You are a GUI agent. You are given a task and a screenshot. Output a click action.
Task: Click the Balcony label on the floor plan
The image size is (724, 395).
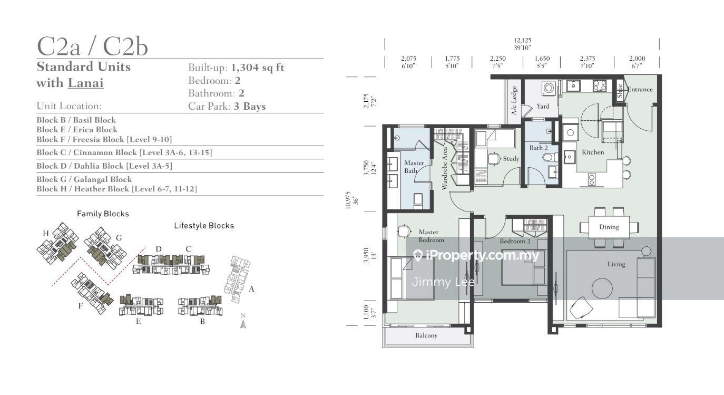point(426,335)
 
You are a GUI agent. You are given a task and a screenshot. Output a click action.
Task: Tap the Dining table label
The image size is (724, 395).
point(609,227)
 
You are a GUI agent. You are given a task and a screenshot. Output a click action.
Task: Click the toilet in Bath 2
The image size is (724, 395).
point(549,158)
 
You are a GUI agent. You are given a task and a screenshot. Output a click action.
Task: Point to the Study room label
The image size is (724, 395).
point(511,159)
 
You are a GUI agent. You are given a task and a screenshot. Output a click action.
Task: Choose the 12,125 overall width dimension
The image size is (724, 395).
point(523,41)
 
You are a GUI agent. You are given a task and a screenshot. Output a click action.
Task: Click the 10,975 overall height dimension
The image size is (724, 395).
point(348,200)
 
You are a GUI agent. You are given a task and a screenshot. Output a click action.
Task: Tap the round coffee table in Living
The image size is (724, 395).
point(602,288)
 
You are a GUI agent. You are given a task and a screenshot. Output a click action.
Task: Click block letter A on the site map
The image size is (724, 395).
point(251,289)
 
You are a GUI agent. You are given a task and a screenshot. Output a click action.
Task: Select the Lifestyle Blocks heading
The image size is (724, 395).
point(204,226)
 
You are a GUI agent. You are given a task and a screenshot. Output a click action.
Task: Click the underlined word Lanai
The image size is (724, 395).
point(86,83)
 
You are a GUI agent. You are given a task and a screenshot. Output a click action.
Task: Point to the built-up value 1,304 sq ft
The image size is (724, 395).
point(258,68)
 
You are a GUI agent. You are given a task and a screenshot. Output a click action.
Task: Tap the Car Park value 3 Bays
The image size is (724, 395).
point(250,106)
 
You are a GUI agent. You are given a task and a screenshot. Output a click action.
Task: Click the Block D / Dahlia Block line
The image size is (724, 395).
point(104,166)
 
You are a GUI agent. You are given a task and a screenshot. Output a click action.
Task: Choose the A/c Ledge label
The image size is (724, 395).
point(514,101)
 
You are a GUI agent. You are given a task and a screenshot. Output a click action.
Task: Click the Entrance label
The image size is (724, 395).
point(640,89)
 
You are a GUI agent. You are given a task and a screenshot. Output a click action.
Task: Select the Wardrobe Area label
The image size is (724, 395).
point(445,168)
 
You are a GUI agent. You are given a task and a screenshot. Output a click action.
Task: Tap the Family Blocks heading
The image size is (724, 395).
point(103,214)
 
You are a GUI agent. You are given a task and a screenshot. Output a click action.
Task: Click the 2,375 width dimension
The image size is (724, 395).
point(588,59)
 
